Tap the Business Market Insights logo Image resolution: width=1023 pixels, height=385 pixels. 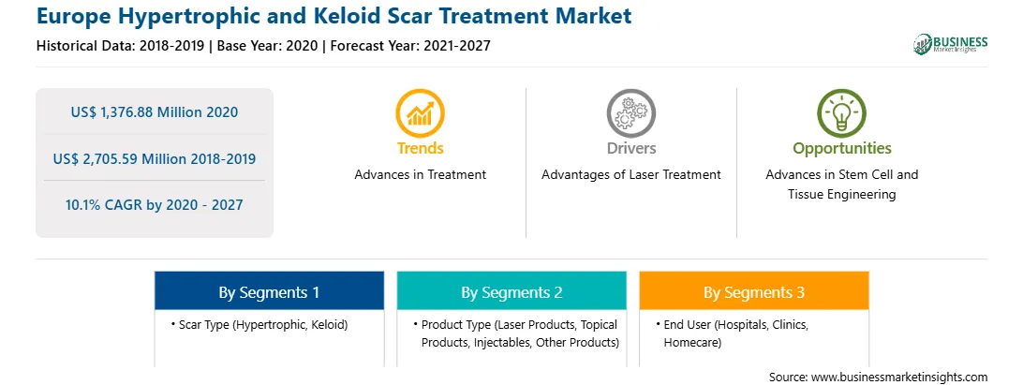coord(951,44)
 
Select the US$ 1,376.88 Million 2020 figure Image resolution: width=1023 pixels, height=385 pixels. coord(155,112)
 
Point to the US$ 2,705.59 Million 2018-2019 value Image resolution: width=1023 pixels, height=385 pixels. coord(155,158)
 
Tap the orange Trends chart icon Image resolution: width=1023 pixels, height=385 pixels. coord(420,113)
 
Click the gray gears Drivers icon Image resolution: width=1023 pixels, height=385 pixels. coord(630,113)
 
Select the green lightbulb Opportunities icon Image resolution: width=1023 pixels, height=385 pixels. coord(841,113)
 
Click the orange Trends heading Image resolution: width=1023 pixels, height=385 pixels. coord(420,148)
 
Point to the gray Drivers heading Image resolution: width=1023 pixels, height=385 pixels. coord(630,148)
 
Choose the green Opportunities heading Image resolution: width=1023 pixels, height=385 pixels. coord(841,149)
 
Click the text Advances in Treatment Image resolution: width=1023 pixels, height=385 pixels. coord(420,175)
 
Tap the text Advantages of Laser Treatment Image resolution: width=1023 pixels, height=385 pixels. coord(630,175)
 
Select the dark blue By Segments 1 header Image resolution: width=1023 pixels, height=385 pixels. coord(269,291)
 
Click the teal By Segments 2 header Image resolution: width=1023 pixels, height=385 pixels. coord(511,291)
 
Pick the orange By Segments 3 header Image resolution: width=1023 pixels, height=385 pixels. coord(754,291)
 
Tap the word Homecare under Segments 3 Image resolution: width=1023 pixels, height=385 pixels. coord(692,343)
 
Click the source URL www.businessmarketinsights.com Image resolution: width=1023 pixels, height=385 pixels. coord(899,378)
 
